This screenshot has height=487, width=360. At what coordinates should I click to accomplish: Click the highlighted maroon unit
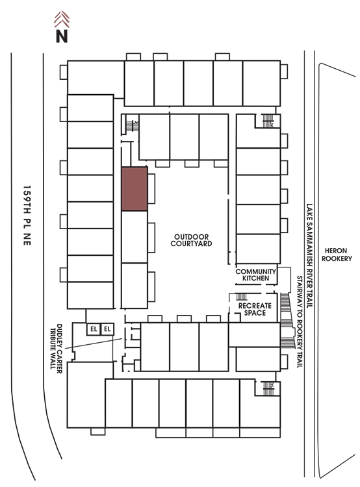pos(135,189)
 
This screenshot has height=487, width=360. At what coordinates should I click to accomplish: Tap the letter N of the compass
pos(62,36)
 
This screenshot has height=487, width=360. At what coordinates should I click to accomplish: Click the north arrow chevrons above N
pos(62,19)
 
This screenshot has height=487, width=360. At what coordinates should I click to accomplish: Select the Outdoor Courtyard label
pos(191,240)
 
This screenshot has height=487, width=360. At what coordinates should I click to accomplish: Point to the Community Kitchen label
pos(255,275)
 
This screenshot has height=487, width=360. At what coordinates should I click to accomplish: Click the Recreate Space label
pos(255,309)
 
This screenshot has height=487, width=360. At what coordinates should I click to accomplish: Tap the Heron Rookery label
pos(337,255)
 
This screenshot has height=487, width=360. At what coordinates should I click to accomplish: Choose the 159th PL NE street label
pos(27,216)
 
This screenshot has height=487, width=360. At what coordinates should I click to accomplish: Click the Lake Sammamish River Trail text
pos(309,256)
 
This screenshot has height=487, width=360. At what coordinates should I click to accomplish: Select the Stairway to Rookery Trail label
pos(300,322)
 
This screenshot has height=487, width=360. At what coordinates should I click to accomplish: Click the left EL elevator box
pos(94,329)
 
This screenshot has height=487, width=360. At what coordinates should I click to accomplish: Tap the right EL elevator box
pos(107,329)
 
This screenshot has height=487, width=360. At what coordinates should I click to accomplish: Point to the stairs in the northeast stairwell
pos(267,121)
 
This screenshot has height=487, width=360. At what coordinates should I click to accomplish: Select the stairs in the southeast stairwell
pos(268,388)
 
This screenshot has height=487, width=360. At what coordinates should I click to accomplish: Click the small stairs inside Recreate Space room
pos(242,297)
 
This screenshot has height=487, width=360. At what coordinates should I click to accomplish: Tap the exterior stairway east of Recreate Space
pos(287,320)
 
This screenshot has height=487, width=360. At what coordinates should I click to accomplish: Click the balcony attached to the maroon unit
pos(151,188)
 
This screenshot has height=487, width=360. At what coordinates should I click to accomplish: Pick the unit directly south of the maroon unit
pos(135,237)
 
